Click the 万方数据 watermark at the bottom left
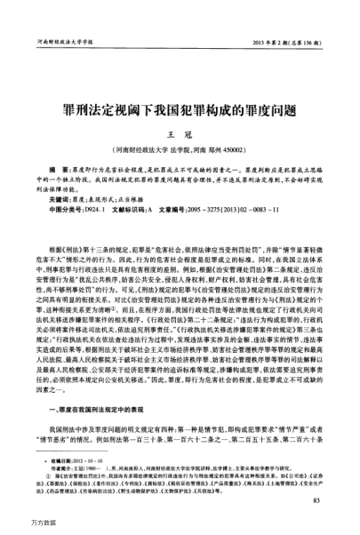click(21, 524)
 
